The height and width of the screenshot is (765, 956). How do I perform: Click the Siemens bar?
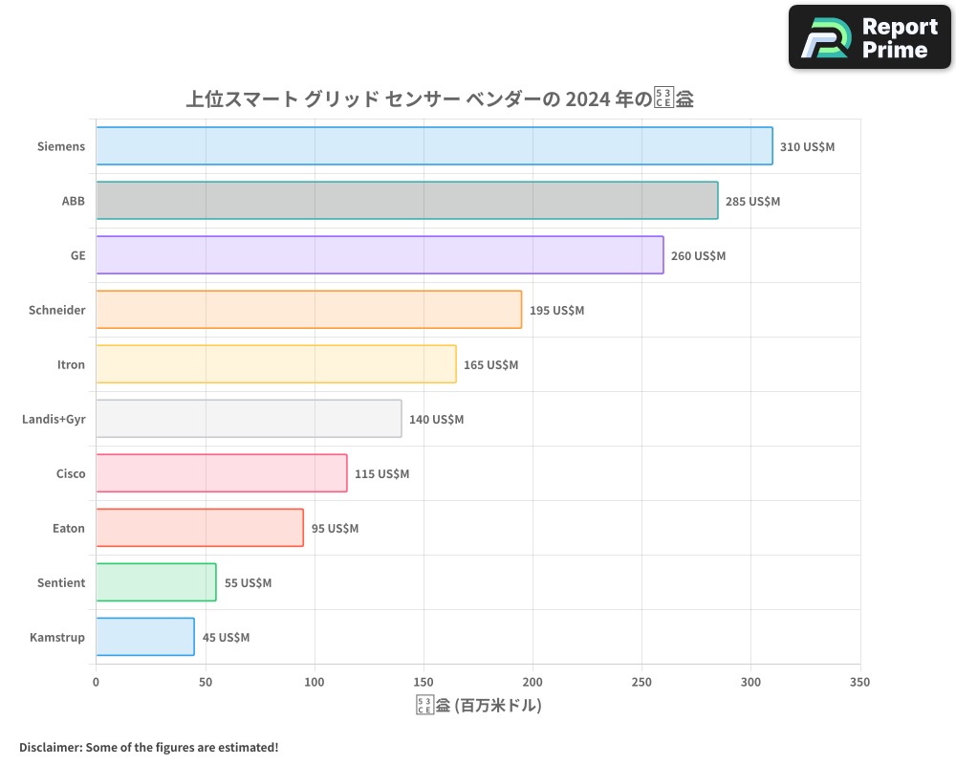434,146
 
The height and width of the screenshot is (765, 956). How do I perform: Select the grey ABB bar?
406,201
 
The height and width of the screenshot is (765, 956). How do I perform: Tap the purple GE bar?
380,255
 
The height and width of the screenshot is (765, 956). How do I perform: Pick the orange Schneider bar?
309,310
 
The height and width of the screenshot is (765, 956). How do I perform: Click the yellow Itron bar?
275,364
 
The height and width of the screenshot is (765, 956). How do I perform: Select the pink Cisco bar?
221,473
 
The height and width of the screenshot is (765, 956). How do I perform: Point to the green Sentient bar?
156,582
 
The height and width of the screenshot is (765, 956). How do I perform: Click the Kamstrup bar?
144,637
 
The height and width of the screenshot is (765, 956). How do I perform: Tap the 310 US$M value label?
807,147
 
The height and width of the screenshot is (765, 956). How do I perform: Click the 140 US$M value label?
436,420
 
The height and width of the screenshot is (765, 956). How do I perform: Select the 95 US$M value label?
335,529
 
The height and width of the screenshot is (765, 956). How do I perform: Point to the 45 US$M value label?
226,638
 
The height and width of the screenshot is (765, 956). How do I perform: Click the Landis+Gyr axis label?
54,419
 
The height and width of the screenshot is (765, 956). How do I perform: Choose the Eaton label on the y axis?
68,528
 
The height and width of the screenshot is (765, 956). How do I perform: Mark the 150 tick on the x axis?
424,682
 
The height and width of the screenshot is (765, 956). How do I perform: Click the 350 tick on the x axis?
859,682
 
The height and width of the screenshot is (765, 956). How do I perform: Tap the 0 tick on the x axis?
96,682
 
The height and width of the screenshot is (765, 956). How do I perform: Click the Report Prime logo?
870,37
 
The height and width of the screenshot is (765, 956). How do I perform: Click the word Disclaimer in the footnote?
50,747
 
